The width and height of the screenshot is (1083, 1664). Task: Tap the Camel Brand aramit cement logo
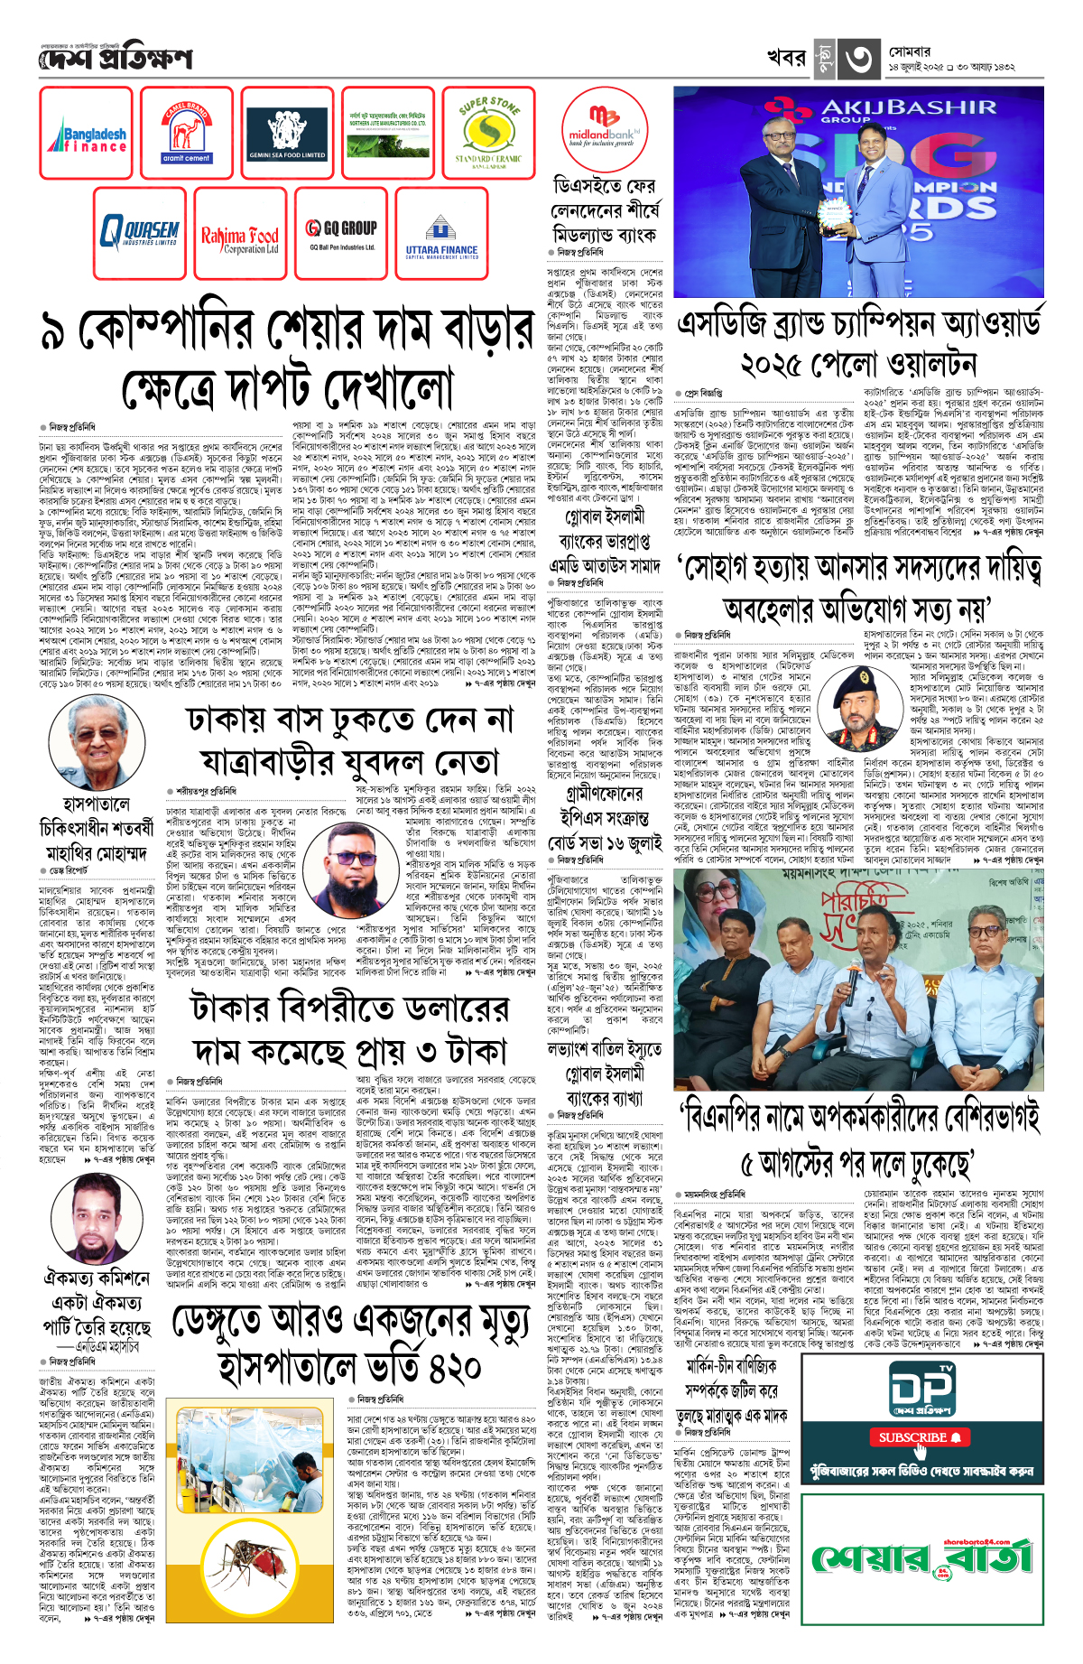(187, 134)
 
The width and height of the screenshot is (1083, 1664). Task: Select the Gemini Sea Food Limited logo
(287, 134)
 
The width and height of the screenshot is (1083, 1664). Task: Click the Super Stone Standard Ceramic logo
(488, 134)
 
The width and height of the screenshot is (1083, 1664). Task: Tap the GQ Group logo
(339, 233)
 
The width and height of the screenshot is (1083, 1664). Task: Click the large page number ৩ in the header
(857, 60)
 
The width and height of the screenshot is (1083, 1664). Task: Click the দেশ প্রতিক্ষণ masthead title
(116, 60)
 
